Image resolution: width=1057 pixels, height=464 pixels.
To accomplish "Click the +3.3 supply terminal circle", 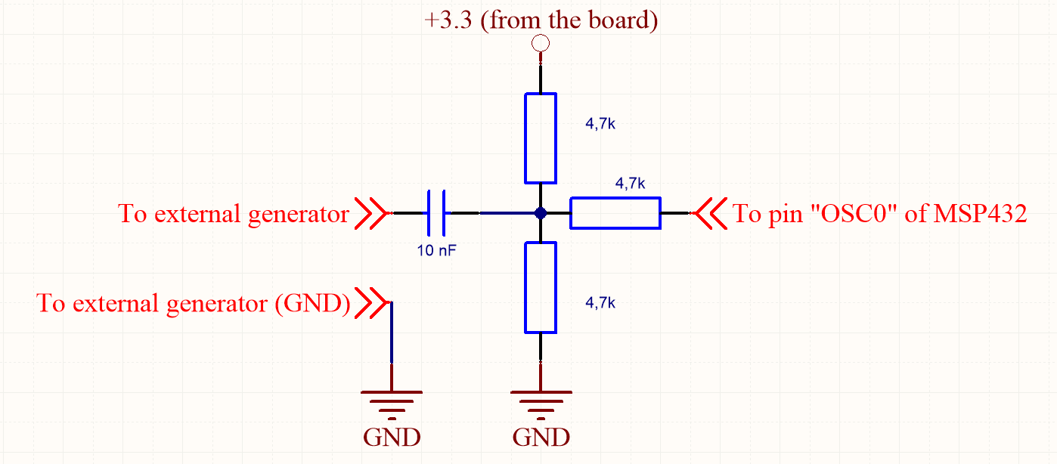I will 541,43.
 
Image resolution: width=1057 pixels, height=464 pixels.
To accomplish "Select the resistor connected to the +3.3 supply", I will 541,138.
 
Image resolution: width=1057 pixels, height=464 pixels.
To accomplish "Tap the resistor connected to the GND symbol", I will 541,287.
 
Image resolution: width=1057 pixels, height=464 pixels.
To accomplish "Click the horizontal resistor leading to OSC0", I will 615,213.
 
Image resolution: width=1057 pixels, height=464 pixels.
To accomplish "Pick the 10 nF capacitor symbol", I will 436,214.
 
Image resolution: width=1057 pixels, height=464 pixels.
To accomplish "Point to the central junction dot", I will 541,214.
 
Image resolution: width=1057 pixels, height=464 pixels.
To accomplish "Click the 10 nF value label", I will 436,250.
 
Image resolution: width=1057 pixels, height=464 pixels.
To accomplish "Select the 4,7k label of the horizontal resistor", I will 630,183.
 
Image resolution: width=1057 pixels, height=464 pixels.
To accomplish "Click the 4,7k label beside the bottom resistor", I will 601,303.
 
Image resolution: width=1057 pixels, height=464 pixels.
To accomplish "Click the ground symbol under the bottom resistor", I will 541,404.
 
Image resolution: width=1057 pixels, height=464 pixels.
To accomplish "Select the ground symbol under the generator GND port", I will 392,404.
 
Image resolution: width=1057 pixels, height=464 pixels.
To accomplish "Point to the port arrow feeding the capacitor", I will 371,214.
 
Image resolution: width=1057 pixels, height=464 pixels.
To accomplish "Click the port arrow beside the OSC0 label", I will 710,214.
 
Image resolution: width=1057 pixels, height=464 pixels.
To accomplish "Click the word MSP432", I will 981,214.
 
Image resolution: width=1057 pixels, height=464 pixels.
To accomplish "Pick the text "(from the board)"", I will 573,20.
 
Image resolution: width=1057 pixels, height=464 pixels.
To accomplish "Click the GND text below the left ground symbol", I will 392,438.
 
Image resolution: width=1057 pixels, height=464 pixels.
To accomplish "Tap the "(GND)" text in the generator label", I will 312,303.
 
